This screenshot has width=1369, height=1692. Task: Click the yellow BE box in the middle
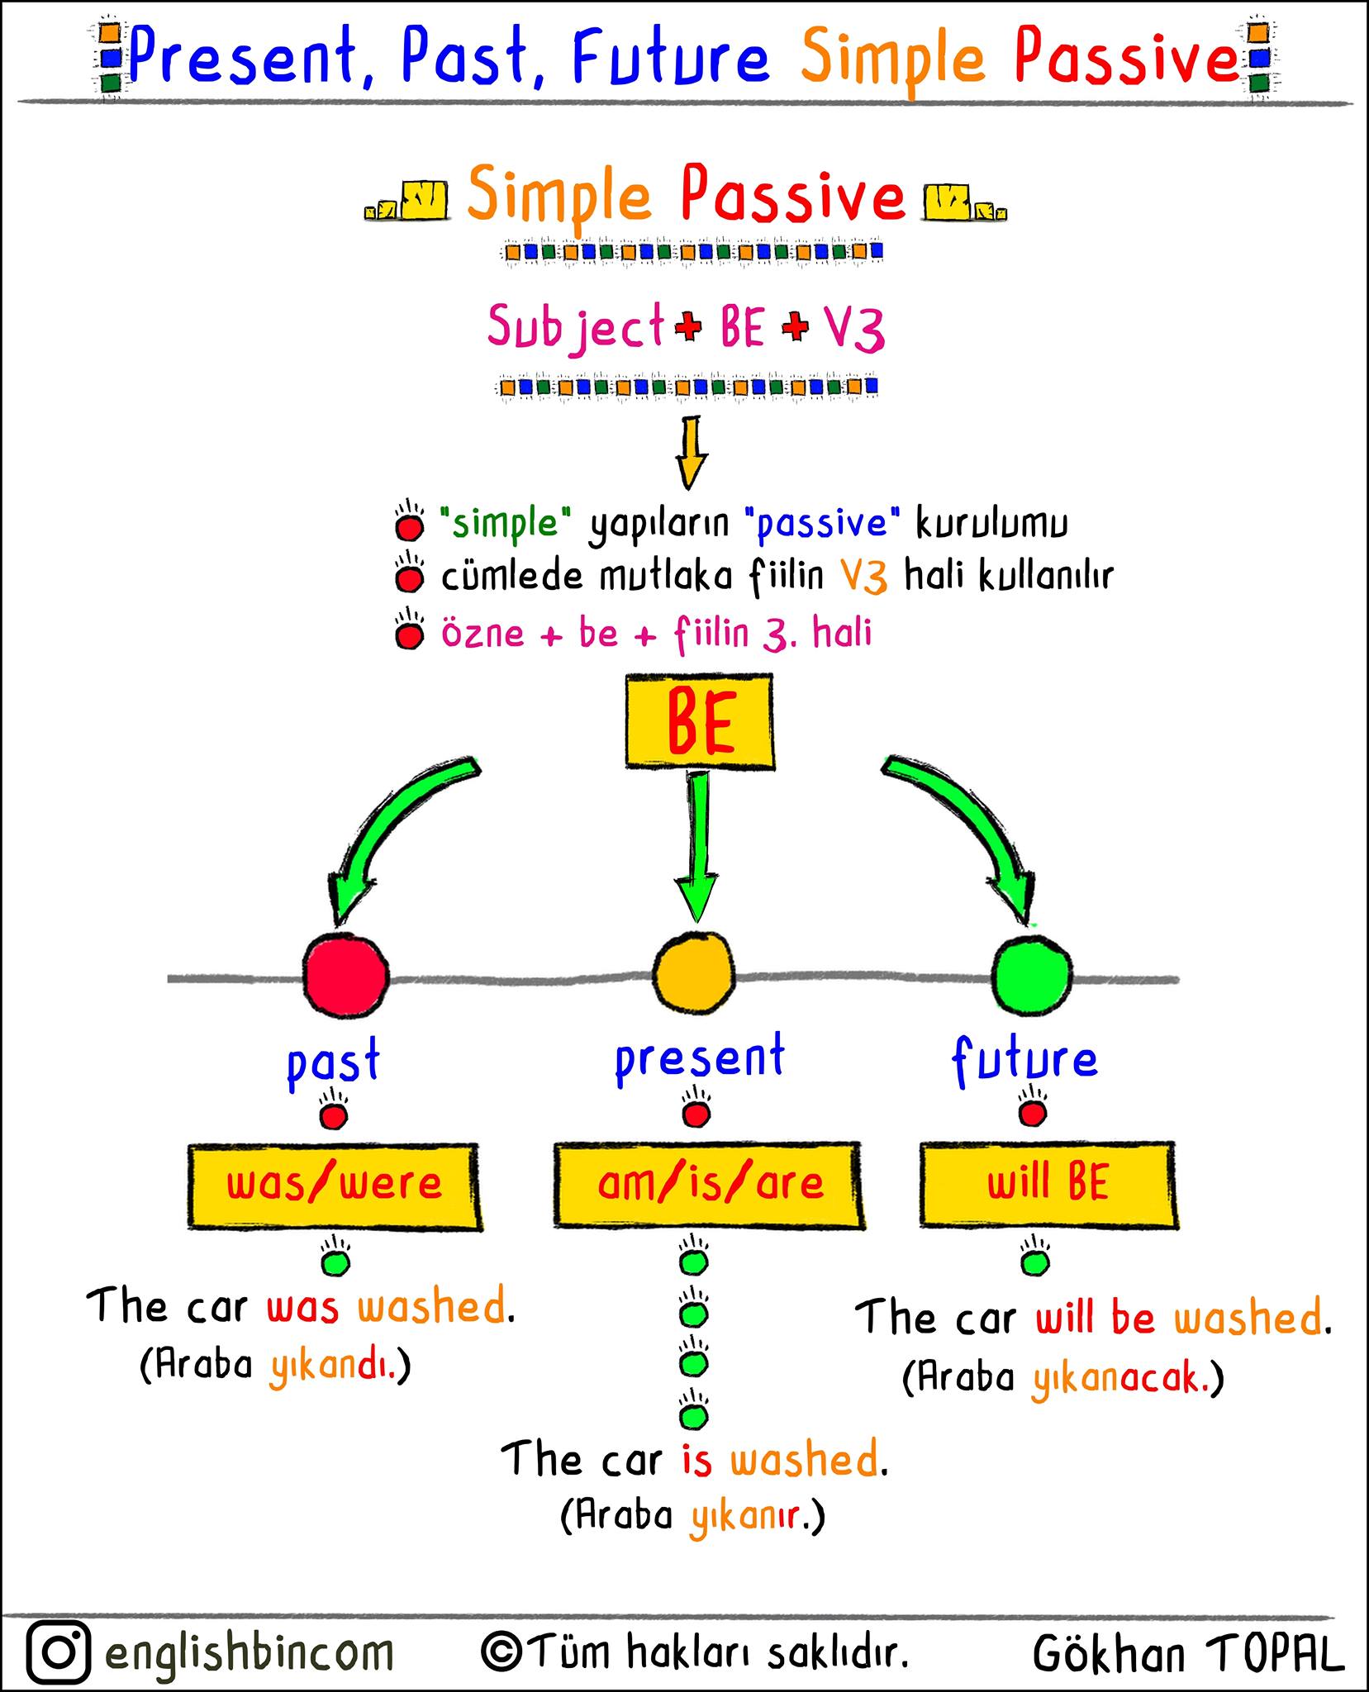[x=700, y=722]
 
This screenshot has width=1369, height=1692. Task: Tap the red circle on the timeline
[x=345, y=975]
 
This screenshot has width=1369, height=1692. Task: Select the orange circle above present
[x=694, y=973]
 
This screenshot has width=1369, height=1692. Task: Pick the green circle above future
[x=1031, y=975]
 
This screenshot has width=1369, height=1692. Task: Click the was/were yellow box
[x=335, y=1186]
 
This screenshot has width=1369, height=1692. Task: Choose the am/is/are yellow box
[x=709, y=1185]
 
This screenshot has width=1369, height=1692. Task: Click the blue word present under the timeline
[x=700, y=1060]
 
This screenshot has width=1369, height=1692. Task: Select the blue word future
[x=1024, y=1059]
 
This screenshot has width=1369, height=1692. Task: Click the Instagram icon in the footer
[x=58, y=1652]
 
